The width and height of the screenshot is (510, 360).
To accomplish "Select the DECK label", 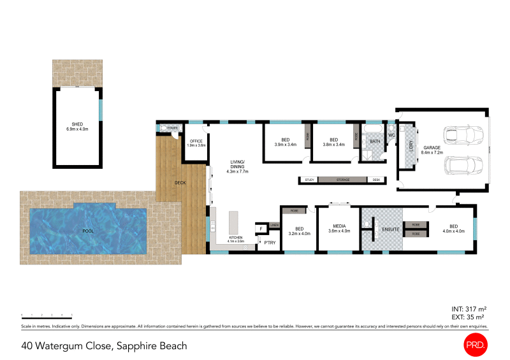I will click(x=180, y=184).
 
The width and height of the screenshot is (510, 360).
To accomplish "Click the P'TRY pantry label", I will click(x=270, y=243).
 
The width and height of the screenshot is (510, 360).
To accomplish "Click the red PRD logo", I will click(x=475, y=345).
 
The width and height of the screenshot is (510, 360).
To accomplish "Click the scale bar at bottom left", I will click(x=46, y=315).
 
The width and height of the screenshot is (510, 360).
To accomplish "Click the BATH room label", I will click(x=375, y=141).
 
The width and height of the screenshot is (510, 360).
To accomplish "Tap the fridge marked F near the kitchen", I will click(x=260, y=229).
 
